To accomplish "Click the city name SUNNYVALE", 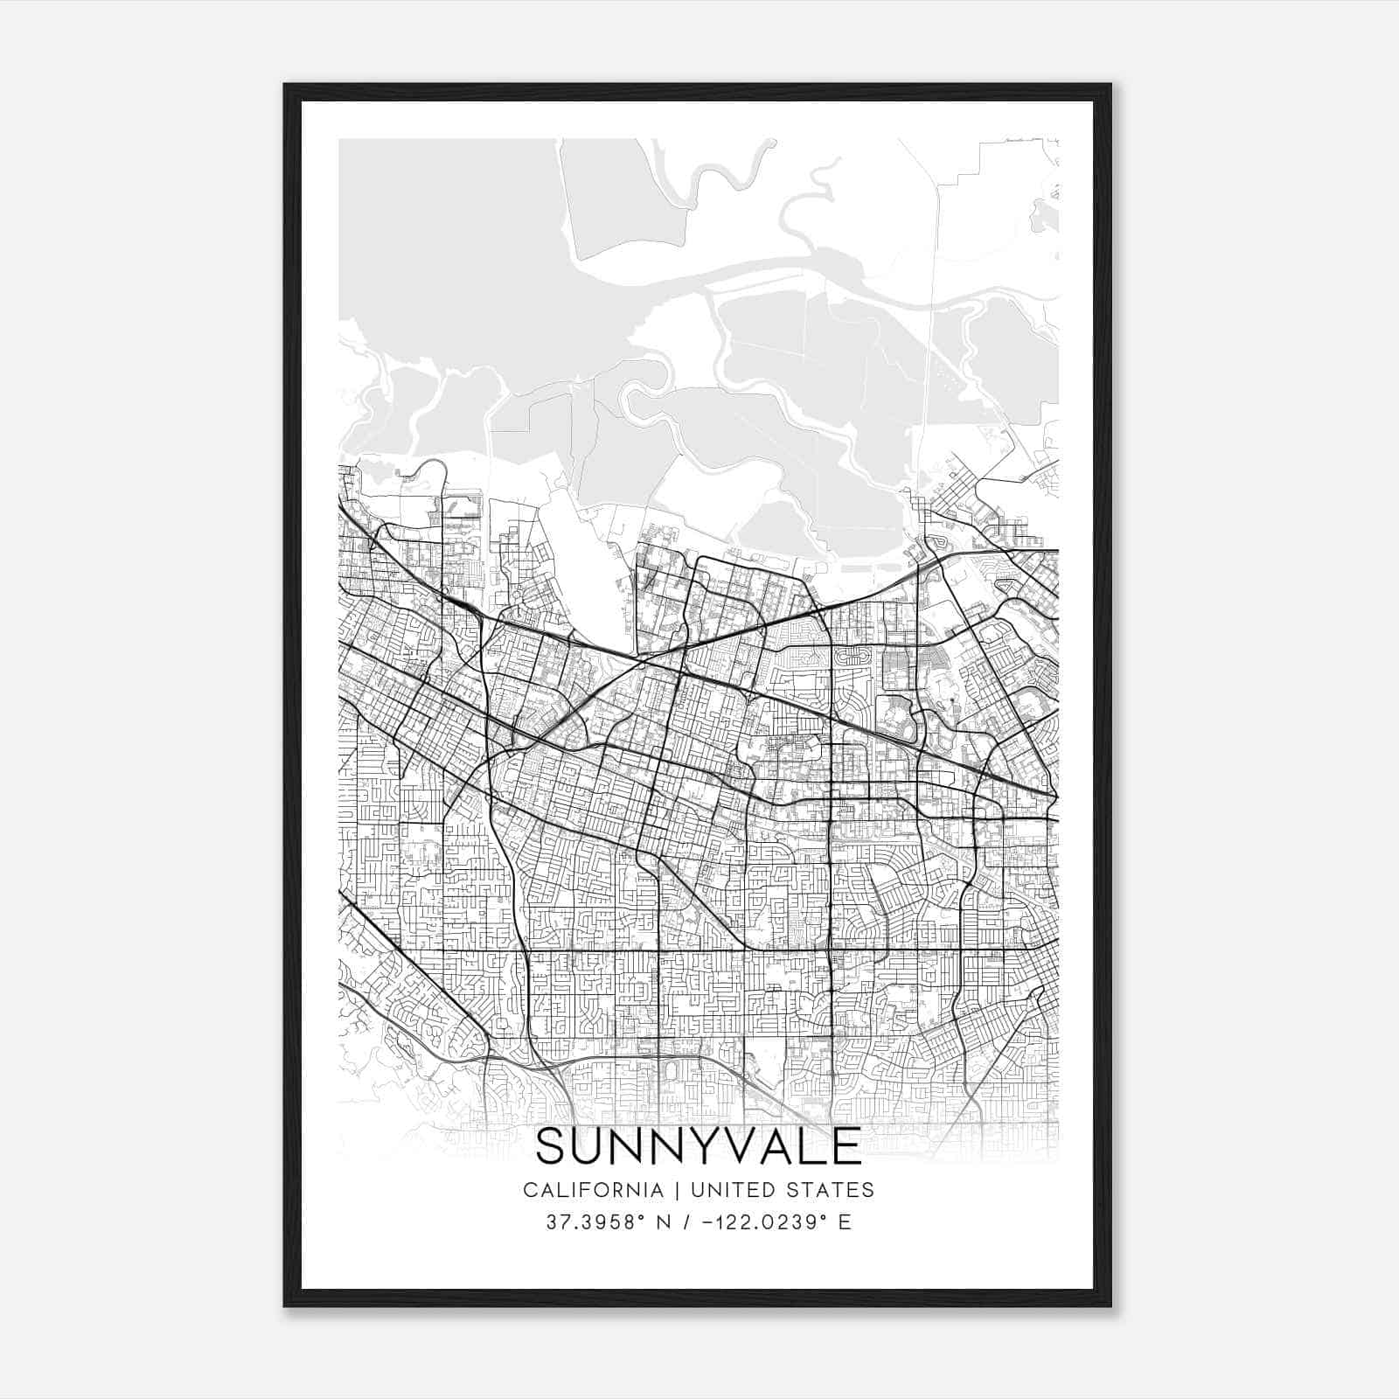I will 699,1146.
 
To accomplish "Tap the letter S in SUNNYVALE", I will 552,1146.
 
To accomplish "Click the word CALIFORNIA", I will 593,1190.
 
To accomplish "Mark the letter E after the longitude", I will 845,1222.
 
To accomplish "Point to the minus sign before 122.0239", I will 702,1222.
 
